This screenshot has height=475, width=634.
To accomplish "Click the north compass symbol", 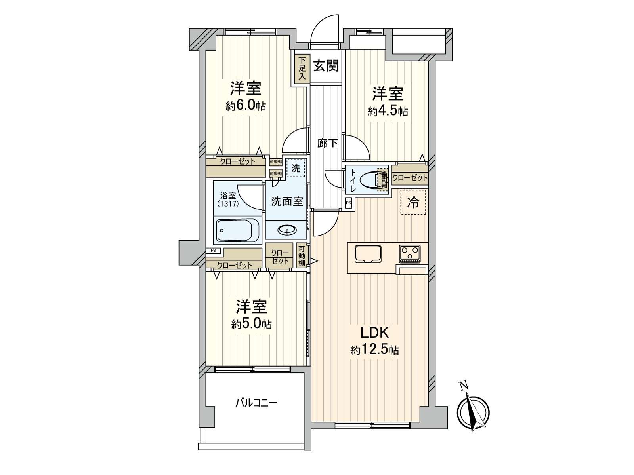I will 473,411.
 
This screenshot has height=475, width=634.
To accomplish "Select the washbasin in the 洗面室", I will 287,230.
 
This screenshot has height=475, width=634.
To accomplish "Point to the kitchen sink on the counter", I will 368,254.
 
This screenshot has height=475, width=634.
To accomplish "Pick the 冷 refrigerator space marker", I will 413,202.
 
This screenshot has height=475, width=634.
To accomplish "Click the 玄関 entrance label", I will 326,66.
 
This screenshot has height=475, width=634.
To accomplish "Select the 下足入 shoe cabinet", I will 302,68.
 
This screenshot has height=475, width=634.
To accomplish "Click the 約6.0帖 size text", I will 246,106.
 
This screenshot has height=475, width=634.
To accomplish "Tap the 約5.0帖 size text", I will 252,324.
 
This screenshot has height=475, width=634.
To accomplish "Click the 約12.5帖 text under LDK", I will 374,350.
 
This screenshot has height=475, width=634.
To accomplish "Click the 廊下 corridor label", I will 327,143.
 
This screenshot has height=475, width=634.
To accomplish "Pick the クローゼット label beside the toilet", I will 410,178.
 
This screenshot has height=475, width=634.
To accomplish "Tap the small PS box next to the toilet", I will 348,203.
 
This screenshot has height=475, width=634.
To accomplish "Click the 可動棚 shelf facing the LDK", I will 302,256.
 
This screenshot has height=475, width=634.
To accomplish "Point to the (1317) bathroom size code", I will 227,204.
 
